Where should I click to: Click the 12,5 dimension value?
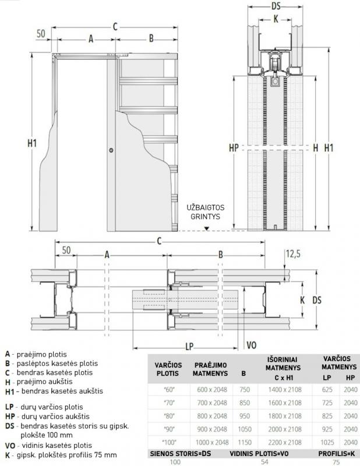[x=293, y=254]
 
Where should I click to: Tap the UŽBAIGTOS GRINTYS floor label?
[x=206, y=212]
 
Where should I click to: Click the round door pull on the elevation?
[x=111, y=150]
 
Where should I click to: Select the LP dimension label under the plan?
[x=189, y=346]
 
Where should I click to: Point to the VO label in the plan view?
[x=252, y=345]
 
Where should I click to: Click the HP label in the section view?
[x=234, y=148]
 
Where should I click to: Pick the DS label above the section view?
[x=276, y=6]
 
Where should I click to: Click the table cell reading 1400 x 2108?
[x=285, y=389]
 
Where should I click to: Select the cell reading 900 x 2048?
[x=212, y=429]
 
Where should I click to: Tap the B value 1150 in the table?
[x=245, y=442]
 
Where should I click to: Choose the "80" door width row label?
[x=169, y=416]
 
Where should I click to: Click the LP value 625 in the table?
[x=327, y=389]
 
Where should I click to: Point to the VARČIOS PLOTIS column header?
[x=168, y=369]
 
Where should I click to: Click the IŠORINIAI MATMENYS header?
[x=283, y=363]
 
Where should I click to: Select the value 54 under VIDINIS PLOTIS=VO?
[x=264, y=461]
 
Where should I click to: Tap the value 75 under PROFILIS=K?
[x=337, y=462]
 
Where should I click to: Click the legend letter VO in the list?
[x=10, y=446]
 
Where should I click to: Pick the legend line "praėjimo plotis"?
[x=41, y=354]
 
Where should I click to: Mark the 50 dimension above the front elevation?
[x=41, y=33]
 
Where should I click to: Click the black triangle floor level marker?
[x=207, y=228]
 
